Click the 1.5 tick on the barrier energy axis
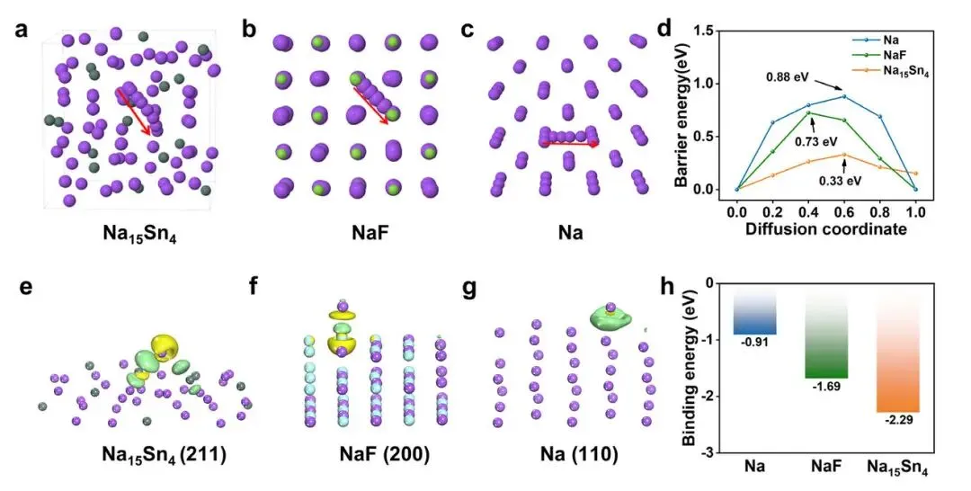(x=713, y=32)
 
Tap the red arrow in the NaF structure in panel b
(x=371, y=105)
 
